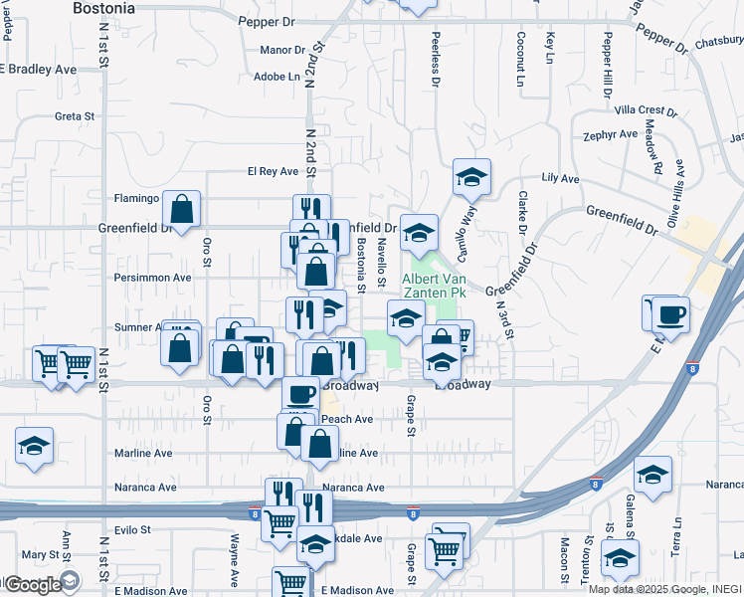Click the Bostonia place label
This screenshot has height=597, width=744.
104,8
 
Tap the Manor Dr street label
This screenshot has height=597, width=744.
281,50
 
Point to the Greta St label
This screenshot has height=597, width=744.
74,116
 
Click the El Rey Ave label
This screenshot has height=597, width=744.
273,171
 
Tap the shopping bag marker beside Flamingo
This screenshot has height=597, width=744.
182,209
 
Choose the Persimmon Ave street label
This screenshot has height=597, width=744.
152,278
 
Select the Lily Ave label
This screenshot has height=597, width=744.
560,178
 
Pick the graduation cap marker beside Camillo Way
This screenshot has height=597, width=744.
471,177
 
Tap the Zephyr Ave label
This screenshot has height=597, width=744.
611,134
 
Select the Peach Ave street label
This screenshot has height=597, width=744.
346,420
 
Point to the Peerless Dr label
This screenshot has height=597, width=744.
436,57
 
